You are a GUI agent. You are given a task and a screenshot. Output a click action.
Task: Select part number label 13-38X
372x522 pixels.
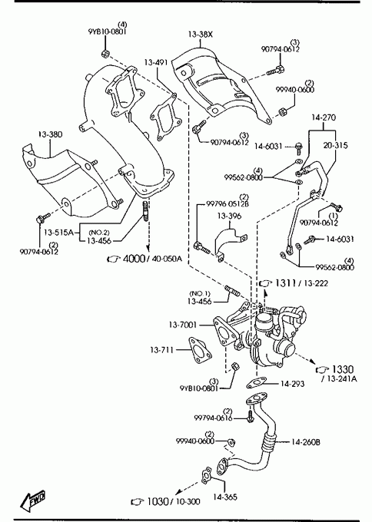[200, 35]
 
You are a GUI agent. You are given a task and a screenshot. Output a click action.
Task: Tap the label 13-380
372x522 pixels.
[50, 134]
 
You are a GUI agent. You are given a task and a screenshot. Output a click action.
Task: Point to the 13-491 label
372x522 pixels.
[156, 62]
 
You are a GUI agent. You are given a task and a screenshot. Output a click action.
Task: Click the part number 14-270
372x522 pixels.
[324, 117]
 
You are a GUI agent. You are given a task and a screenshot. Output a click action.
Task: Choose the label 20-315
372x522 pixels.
[335, 145]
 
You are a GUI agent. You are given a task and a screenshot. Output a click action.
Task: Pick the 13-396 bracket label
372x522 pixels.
[229, 216]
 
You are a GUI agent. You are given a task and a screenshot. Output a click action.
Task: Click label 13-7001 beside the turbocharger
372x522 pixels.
[183, 324]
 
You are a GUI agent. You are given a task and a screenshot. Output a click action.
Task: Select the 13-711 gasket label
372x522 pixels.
[161, 350]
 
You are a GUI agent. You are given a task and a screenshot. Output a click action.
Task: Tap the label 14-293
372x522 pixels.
[292, 384]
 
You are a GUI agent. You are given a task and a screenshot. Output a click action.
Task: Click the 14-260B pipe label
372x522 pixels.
[306, 442]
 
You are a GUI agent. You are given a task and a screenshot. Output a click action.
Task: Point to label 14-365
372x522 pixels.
[225, 497]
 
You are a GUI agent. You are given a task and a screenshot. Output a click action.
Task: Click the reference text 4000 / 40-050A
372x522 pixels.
[153, 259]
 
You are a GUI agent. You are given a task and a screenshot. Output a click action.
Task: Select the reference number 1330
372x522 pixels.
[343, 369]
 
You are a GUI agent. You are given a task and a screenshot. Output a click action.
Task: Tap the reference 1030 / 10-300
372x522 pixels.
[174, 501]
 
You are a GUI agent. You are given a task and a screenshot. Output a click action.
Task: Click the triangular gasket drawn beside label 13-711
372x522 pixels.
[200, 351]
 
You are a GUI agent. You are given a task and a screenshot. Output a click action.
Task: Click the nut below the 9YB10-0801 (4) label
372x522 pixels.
[105, 53]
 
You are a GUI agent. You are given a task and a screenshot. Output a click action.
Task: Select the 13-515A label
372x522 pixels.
[58, 232]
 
